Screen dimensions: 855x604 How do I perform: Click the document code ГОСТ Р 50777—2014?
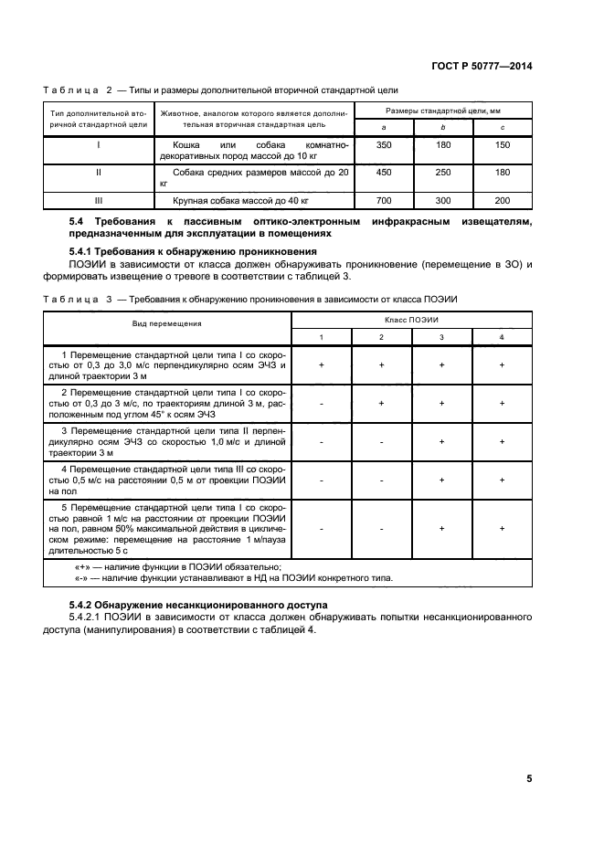tap(482, 66)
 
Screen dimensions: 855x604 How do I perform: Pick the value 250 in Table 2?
tap(441, 172)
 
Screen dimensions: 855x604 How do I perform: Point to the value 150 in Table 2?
tap(503, 145)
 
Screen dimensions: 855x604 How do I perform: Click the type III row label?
tap(98, 199)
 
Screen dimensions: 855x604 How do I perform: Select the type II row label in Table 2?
tap(98, 172)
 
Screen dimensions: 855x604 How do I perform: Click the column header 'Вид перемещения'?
tap(167, 323)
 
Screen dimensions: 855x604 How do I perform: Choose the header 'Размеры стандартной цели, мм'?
tap(442, 110)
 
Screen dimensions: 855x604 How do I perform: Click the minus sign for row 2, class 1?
tap(322, 403)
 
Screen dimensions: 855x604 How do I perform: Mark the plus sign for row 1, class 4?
tap(502, 364)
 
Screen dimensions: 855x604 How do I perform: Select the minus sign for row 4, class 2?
tap(382, 480)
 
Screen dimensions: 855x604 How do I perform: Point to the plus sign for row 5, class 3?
tap(441, 527)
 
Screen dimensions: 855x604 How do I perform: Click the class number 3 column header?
tap(441, 338)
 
